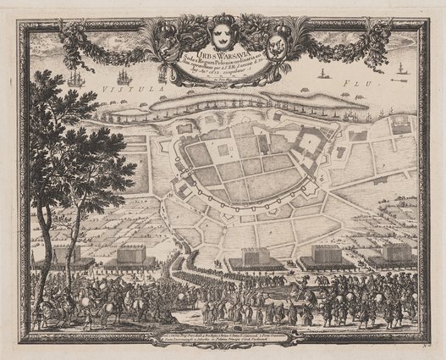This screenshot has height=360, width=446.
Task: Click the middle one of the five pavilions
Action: point(255,255)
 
